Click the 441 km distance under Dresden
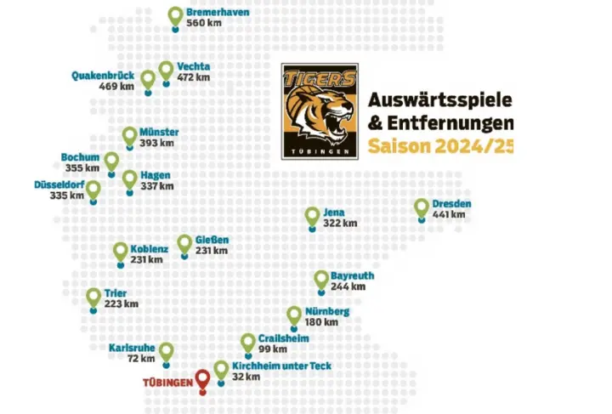coord(449,214)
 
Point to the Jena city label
coord(335,212)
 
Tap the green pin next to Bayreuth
coord(320,279)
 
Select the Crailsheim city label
coord(283,338)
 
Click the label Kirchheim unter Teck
coord(280,366)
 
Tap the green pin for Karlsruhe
coord(167,350)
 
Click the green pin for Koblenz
coord(121,251)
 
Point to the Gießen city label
coord(212,240)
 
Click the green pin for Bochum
coord(111,160)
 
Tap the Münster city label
coord(159,133)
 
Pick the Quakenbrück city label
coord(103,75)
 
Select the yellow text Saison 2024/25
coord(440,146)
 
